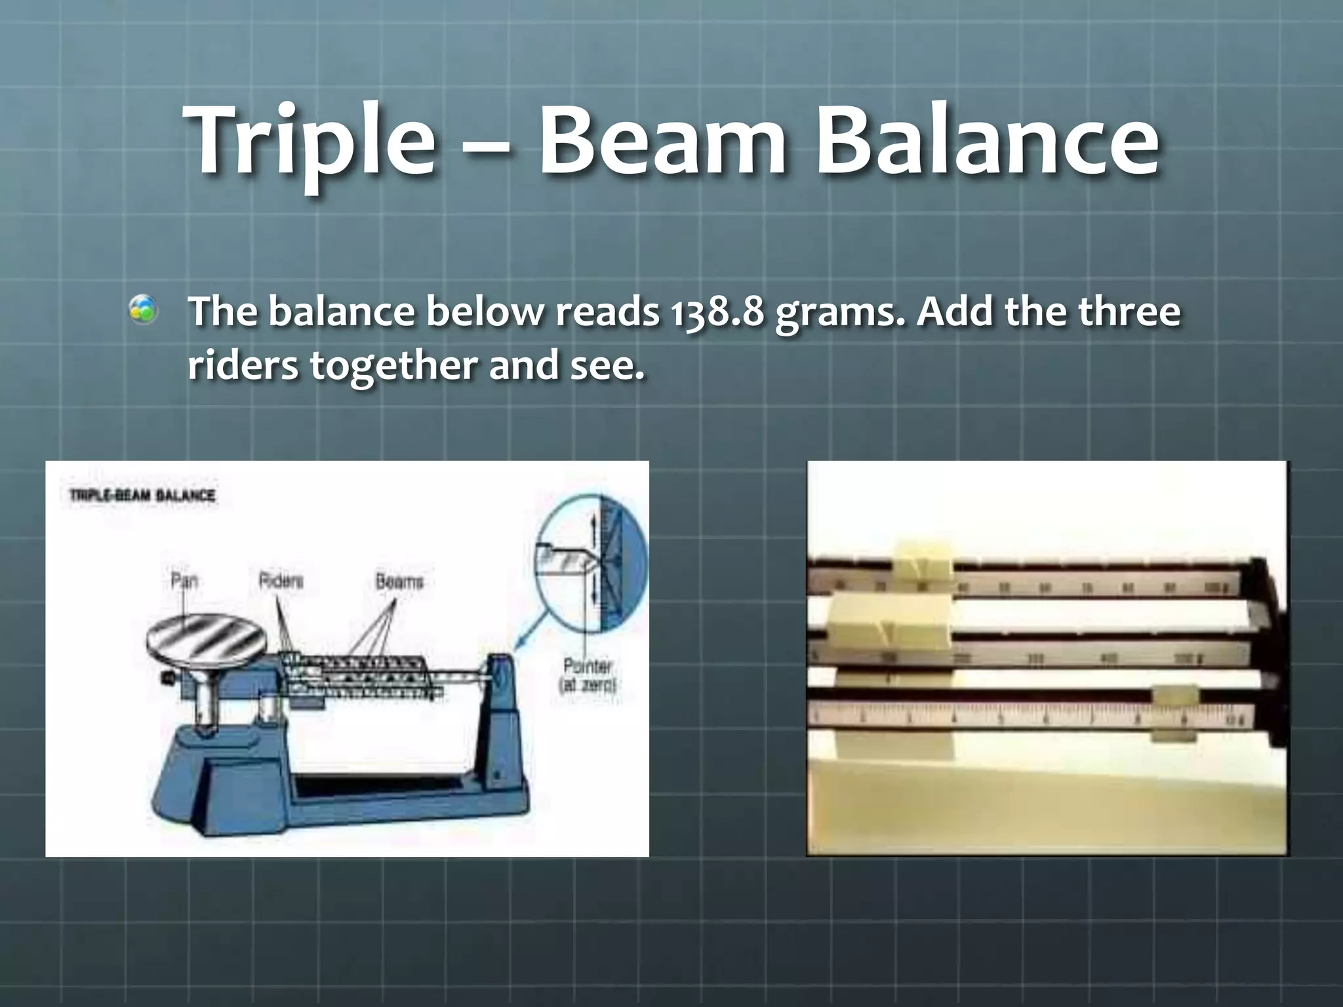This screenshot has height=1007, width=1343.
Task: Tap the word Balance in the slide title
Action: click(987, 141)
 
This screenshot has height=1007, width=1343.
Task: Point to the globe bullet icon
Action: click(143, 309)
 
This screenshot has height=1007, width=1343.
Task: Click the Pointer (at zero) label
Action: click(588, 675)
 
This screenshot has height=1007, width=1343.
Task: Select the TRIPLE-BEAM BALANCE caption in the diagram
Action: click(142, 495)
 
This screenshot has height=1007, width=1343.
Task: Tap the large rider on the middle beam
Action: click(889, 622)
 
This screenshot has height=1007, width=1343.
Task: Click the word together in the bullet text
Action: click(394, 365)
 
